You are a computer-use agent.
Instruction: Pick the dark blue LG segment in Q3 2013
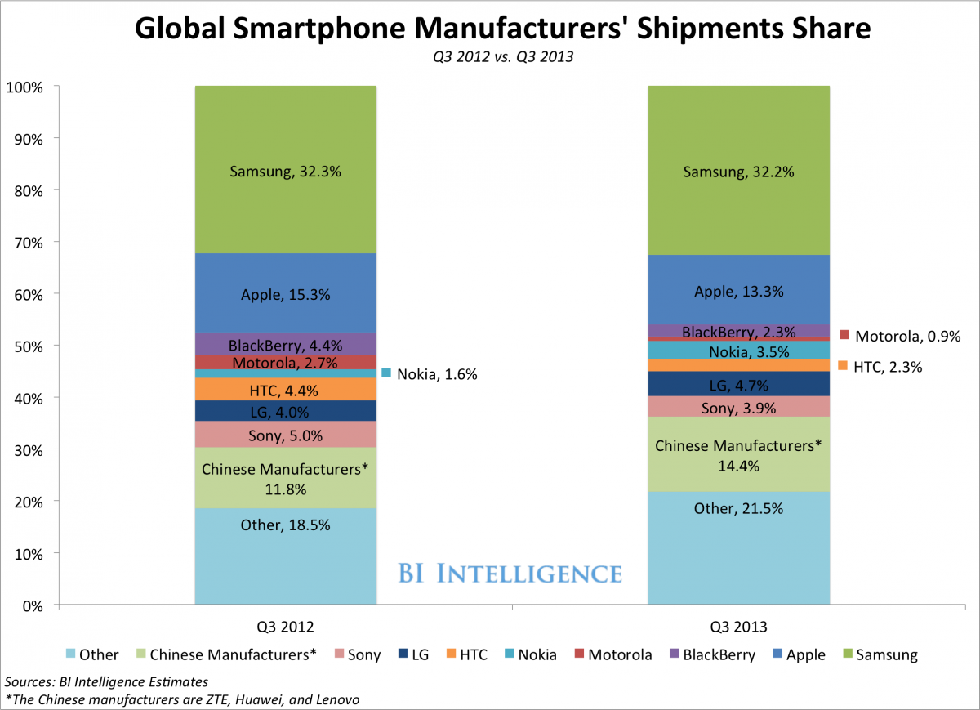[x=738, y=384]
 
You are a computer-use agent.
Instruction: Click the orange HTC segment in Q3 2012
[x=285, y=389]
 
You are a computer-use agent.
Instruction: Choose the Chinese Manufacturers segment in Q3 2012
[x=285, y=477]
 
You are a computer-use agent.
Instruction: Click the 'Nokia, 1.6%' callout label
[x=436, y=374]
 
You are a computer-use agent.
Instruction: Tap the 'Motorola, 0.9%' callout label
[x=907, y=336]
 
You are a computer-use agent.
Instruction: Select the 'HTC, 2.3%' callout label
[x=889, y=367]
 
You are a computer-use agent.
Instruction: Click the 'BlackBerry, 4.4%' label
[x=285, y=344]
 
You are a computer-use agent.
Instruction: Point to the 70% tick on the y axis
[x=32, y=242]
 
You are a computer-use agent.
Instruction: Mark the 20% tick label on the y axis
[x=32, y=502]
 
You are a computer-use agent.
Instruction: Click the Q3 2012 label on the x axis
[x=285, y=627]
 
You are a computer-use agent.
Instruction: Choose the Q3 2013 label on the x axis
[x=738, y=627]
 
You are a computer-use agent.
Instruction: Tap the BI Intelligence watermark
[x=510, y=573]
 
